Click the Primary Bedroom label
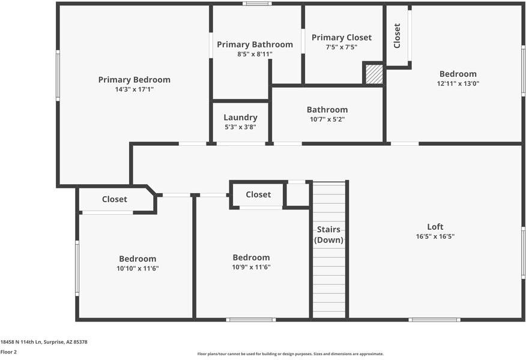(x=134, y=80)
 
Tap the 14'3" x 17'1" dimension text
(x=134, y=89)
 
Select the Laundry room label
(x=241, y=118)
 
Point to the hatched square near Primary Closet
(x=374, y=74)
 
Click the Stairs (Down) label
(x=329, y=235)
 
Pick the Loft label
(x=435, y=227)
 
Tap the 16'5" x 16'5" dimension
(x=435, y=236)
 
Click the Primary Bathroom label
(x=255, y=44)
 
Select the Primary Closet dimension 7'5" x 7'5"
(x=342, y=47)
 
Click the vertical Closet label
(x=397, y=35)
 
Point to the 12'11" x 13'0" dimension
(x=458, y=84)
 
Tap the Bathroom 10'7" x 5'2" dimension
(x=327, y=119)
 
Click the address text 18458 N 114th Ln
(x=21, y=342)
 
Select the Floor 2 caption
(x=8, y=352)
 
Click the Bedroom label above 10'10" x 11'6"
(x=138, y=259)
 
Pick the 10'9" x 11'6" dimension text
(x=251, y=267)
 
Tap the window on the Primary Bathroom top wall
(x=258, y=4)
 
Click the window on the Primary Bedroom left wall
(x=58, y=76)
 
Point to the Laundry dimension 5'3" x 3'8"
(x=241, y=127)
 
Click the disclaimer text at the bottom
(x=291, y=354)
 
